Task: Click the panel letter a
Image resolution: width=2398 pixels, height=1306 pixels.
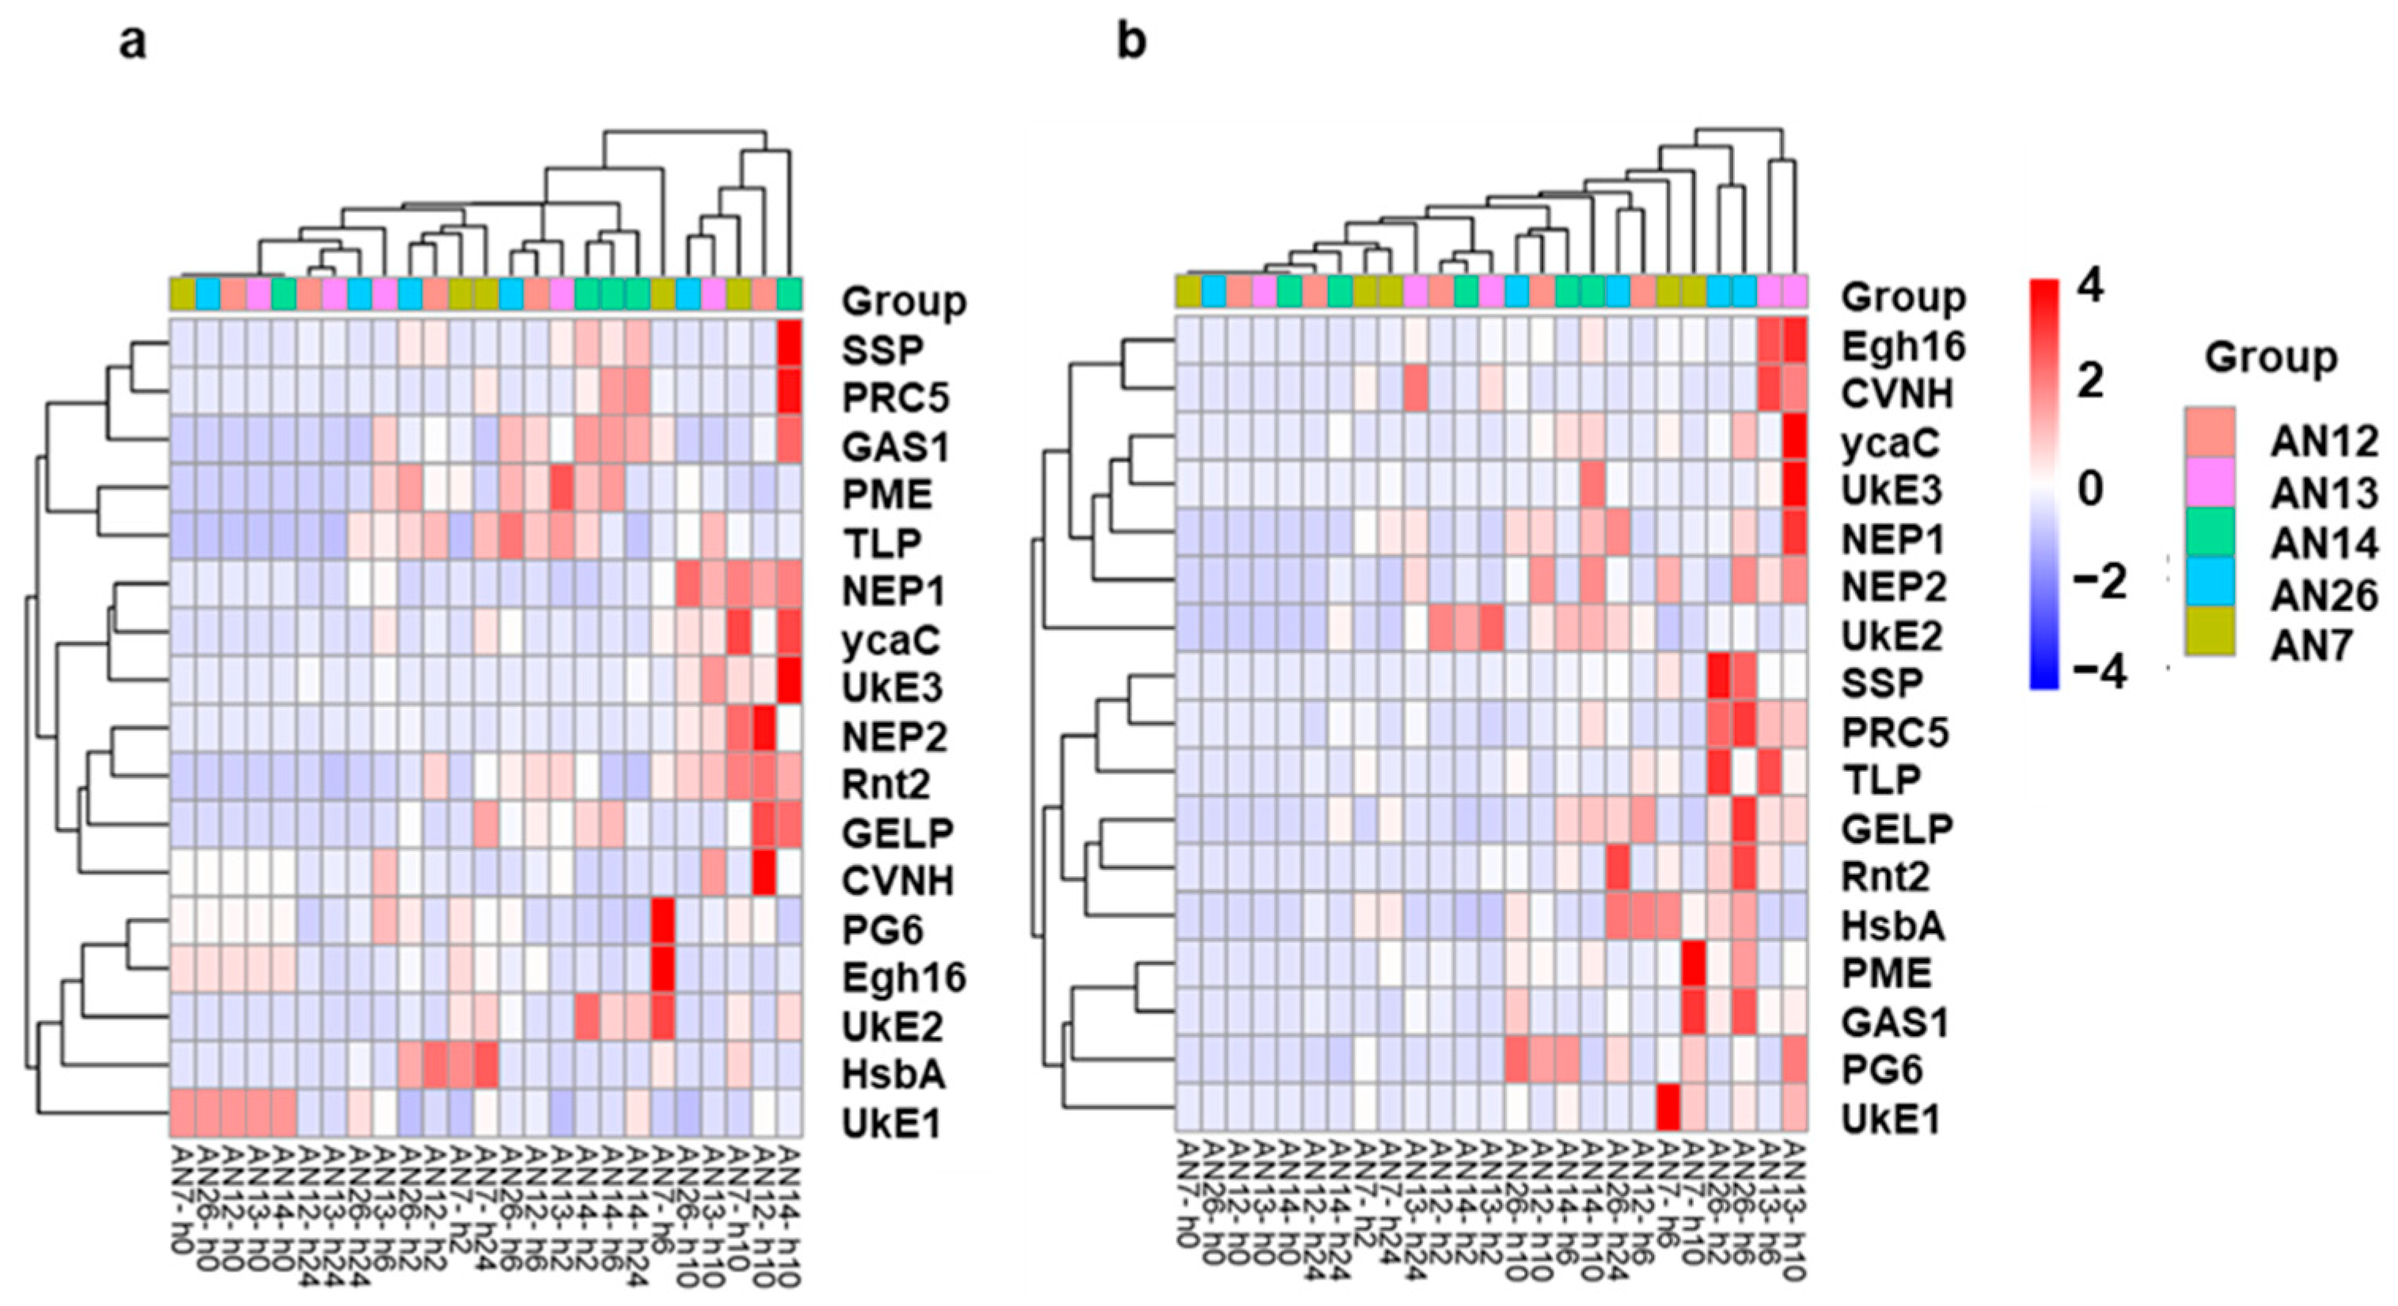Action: [132, 42]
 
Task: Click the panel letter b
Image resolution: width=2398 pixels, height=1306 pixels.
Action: [1131, 42]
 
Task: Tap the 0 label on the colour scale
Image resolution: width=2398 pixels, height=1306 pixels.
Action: [2090, 487]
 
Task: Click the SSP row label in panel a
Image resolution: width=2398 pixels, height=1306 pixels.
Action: [882, 350]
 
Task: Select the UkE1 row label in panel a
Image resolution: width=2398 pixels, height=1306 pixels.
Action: [892, 1123]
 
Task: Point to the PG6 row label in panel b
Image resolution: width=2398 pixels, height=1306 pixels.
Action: [1881, 1069]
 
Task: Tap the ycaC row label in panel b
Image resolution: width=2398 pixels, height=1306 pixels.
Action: [1891, 443]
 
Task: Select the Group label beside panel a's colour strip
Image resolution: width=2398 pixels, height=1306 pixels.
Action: [904, 301]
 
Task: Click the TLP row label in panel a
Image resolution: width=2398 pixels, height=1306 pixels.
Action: [881, 543]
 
